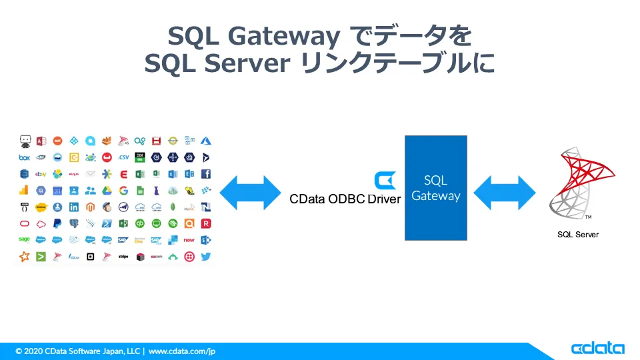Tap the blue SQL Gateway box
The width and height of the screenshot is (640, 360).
[435, 188]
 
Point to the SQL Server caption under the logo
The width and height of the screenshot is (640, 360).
[578, 235]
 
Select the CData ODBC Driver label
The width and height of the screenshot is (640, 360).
[345, 199]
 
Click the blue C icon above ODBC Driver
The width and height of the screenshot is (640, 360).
[385, 180]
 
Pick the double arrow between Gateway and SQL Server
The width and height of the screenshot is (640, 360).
[504, 193]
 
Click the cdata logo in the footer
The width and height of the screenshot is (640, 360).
[597, 349]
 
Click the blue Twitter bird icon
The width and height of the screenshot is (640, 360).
[206, 256]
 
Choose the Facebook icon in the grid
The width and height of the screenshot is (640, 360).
[206, 174]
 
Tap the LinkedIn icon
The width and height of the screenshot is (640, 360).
[74, 207]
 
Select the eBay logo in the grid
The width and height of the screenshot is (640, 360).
[41, 174]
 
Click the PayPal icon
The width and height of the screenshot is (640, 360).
[57, 223]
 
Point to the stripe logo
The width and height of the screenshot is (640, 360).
[123, 256]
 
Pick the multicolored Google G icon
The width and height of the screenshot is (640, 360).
[123, 191]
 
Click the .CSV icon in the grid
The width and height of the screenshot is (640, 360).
[123, 157]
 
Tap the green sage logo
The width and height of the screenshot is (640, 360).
[25, 239]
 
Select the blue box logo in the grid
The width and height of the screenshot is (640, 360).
[25, 157]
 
